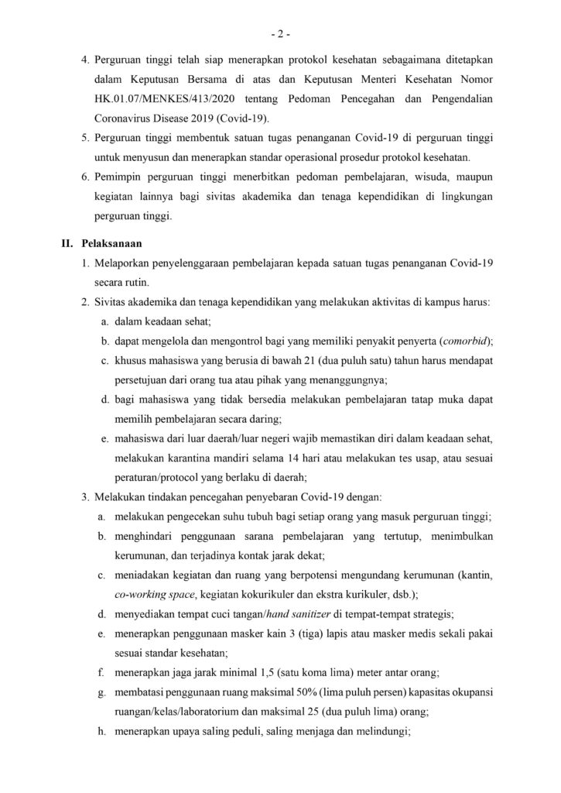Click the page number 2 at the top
(280, 35)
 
